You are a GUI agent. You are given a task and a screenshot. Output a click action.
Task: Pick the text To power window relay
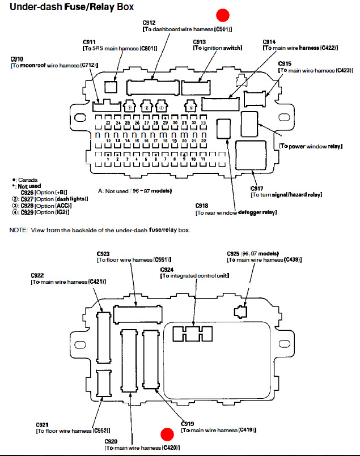311,146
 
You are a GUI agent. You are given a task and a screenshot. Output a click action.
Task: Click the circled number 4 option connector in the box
192,107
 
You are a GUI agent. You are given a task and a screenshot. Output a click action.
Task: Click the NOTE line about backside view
100,231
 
